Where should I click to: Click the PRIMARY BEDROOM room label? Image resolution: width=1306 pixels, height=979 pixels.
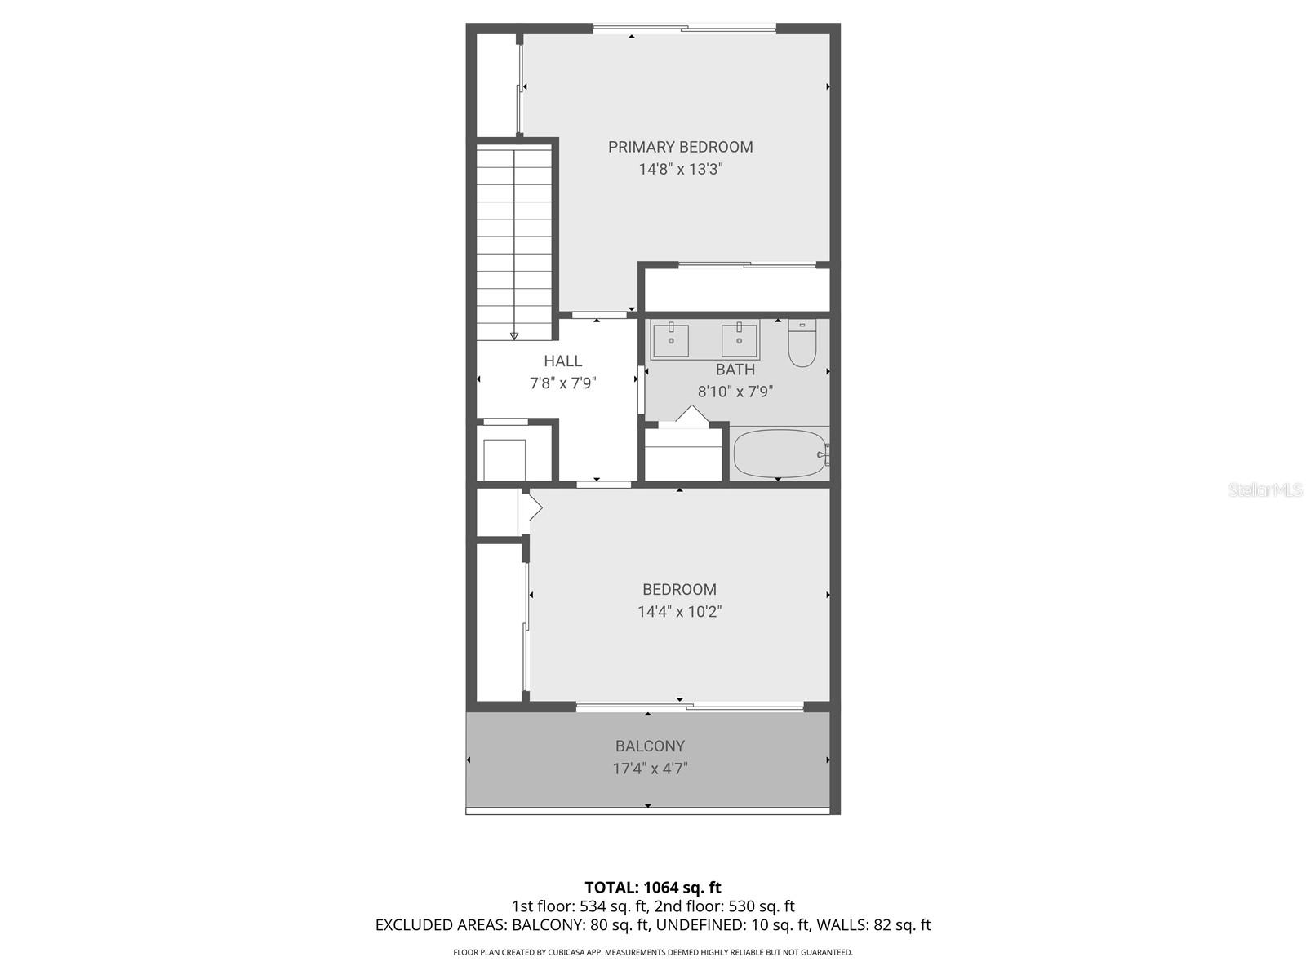[680, 147]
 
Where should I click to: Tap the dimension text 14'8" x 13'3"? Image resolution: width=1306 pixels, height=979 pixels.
[680, 170]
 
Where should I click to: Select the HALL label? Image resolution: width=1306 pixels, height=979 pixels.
[562, 361]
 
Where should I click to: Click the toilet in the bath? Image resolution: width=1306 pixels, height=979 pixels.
[802, 343]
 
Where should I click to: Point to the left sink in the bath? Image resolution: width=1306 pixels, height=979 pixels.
[671, 340]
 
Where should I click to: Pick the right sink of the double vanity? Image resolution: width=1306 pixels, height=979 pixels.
[740, 340]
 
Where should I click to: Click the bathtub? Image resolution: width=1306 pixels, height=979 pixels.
[780, 454]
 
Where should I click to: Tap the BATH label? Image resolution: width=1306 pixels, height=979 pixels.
[735, 370]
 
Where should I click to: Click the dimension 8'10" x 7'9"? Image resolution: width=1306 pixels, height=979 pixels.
[735, 392]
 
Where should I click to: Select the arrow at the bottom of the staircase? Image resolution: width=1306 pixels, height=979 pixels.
[514, 334]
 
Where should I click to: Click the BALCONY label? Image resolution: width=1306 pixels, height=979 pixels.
[650, 746]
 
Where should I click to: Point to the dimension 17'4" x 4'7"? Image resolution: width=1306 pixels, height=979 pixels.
[650, 769]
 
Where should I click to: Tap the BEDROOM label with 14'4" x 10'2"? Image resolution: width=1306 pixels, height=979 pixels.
[679, 589]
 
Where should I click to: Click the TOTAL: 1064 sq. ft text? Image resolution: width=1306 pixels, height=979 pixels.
[653, 887]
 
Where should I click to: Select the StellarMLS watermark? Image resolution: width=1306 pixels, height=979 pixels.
[1264, 489]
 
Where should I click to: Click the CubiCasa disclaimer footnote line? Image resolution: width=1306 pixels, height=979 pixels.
[653, 952]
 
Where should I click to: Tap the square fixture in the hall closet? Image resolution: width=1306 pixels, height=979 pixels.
[504, 459]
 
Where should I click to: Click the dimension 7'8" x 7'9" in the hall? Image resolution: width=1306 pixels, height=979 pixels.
[562, 383]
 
